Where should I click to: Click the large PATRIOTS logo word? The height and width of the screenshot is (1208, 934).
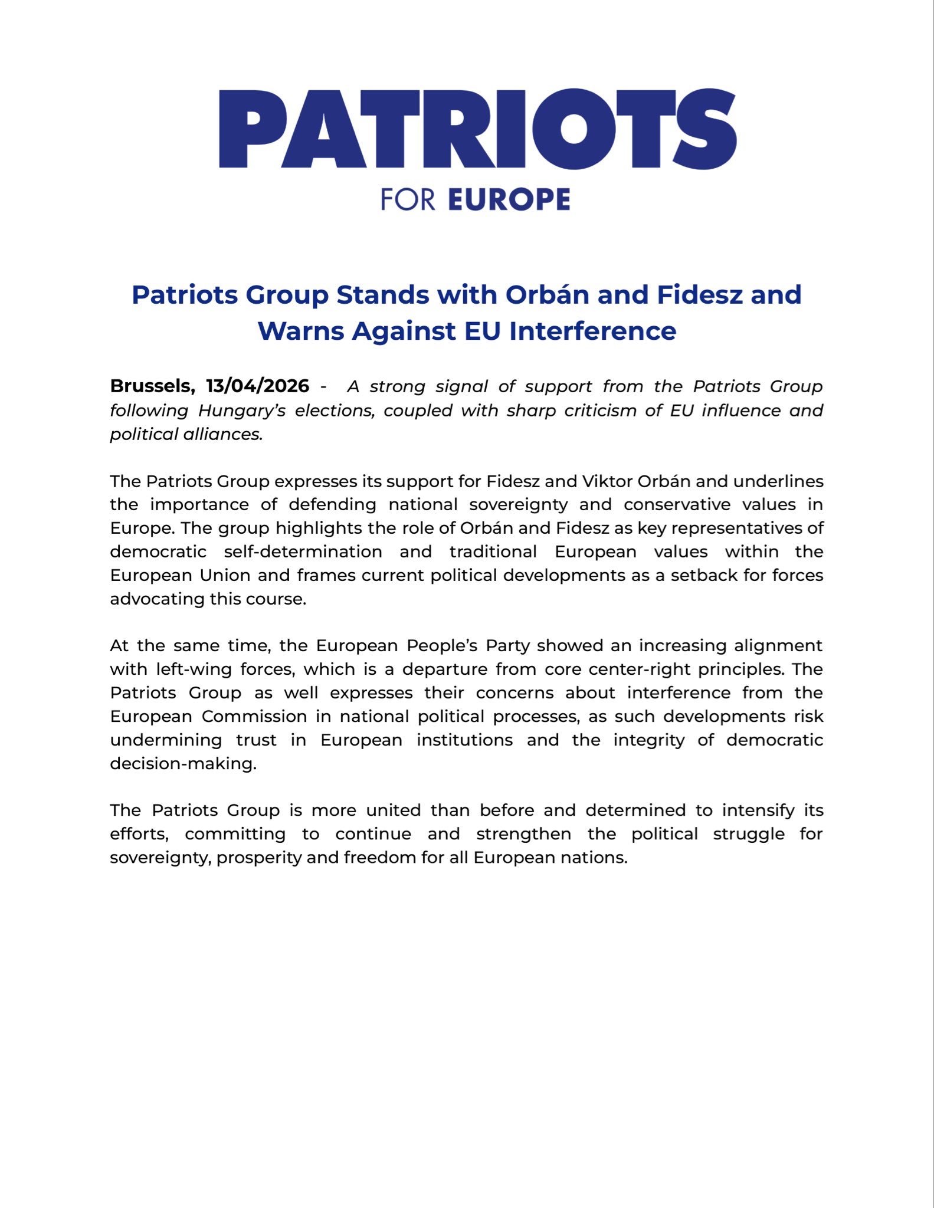pyautogui.click(x=477, y=129)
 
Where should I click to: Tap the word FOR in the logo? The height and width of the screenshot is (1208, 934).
pyautogui.click(x=408, y=199)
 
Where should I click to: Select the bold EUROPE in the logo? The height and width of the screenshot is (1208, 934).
pyautogui.click(x=509, y=199)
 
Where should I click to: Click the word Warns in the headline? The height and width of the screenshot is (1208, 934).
pyautogui.click(x=301, y=331)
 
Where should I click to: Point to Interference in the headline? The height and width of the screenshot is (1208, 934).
pyautogui.click(x=592, y=331)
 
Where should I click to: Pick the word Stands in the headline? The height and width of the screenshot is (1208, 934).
pyautogui.click(x=382, y=295)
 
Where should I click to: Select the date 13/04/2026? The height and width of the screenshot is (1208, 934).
pyautogui.click(x=257, y=386)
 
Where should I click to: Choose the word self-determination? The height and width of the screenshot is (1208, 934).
pyautogui.click(x=303, y=552)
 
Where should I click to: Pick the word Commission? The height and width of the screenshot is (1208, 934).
pyautogui.click(x=254, y=717)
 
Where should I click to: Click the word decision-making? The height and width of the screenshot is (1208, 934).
pyautogui.click(x=183, y=764)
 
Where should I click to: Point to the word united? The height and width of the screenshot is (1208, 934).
pyautogui.click(x=393, y=810)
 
